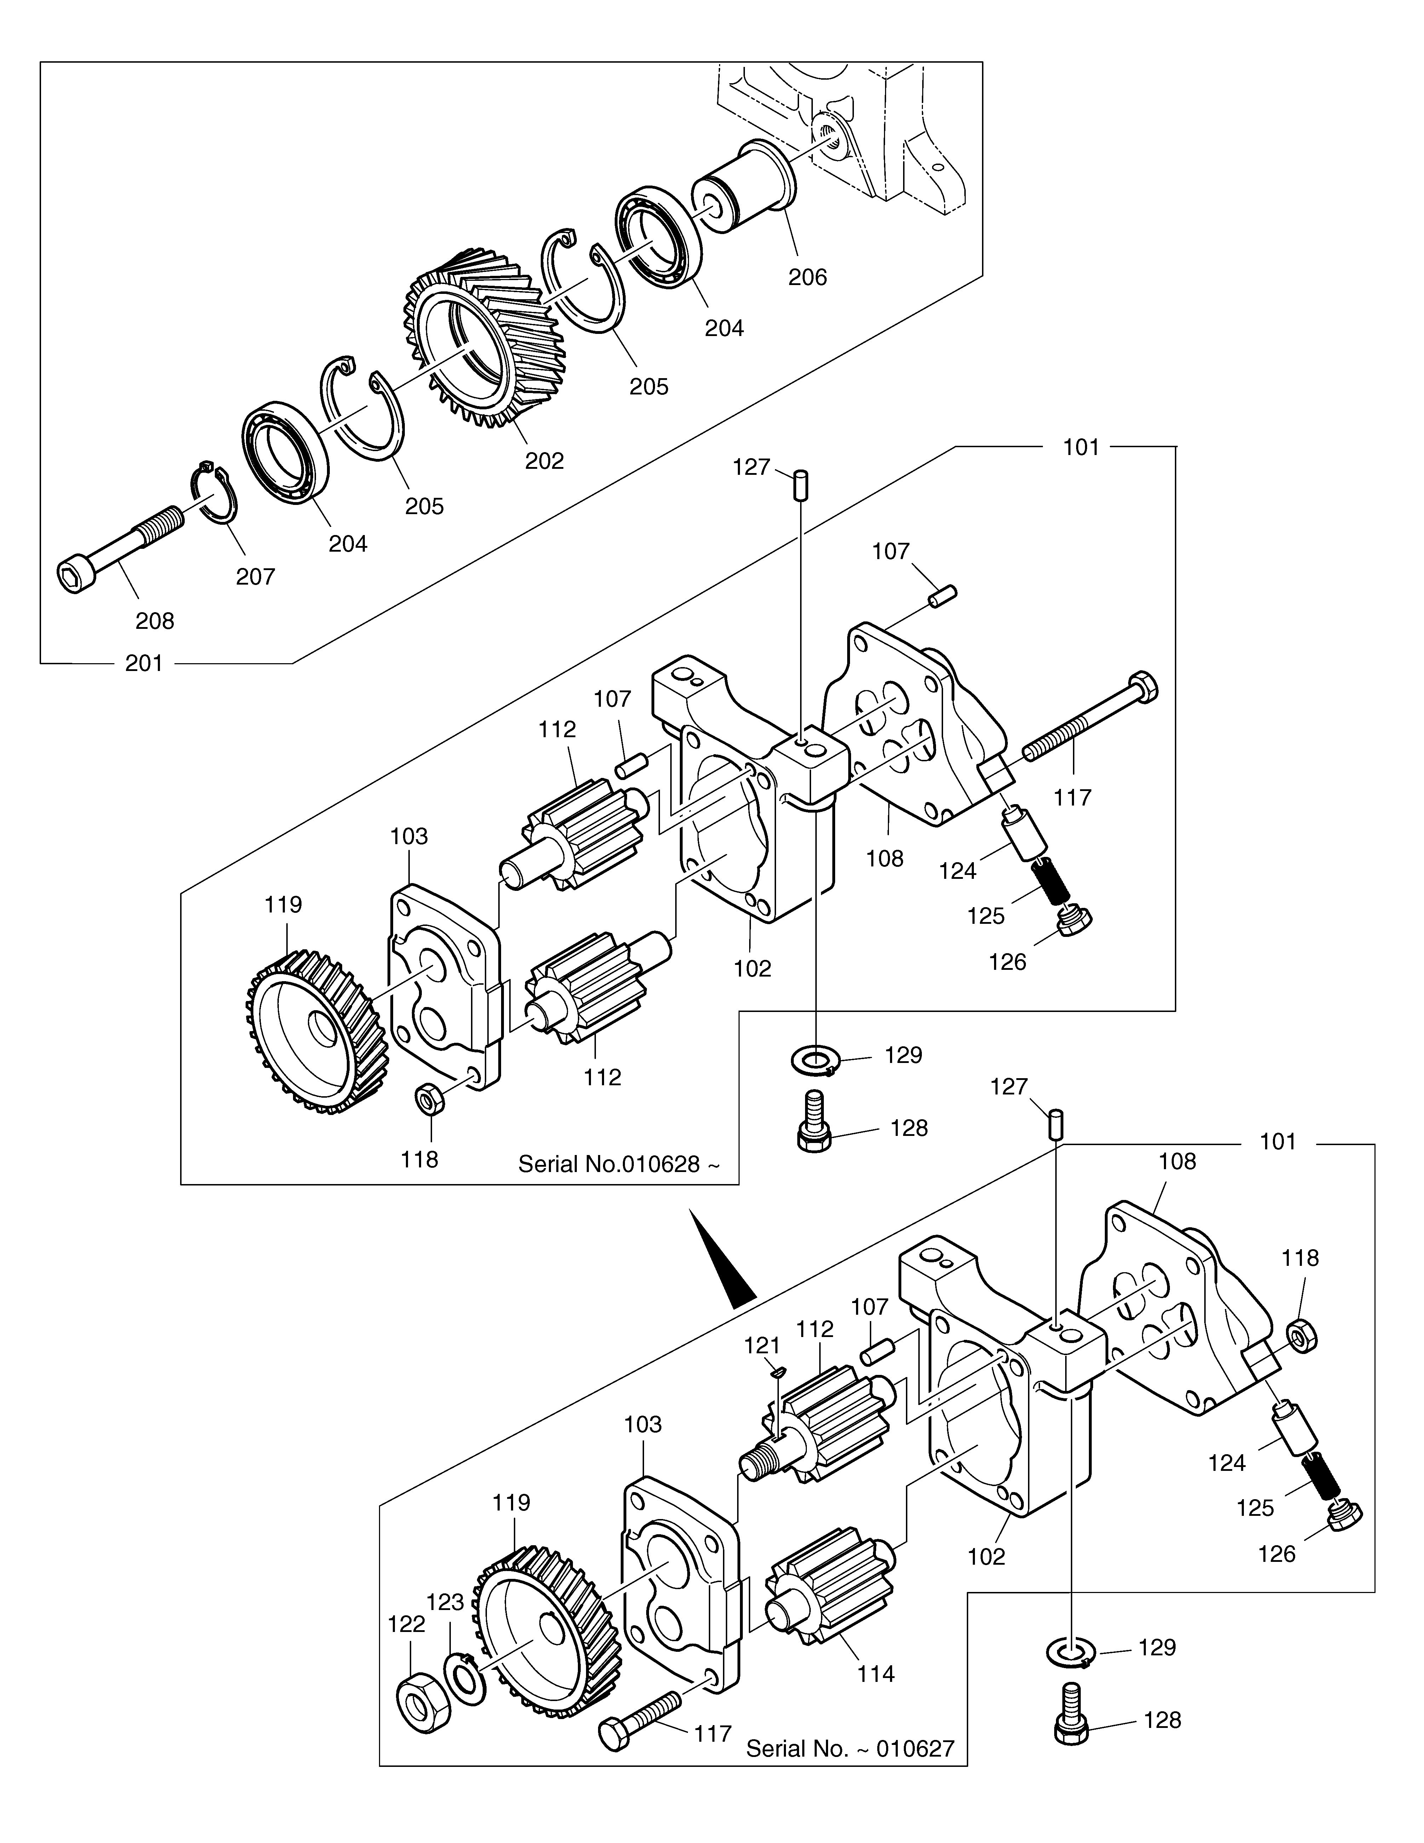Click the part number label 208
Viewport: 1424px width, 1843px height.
pyautogui.click(x=155, y=621)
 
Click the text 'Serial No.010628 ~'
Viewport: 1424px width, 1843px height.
pyautogui.click(x=619, y=1165)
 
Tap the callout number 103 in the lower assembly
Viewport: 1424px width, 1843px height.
pyautogui.click(x=643, y=1424)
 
